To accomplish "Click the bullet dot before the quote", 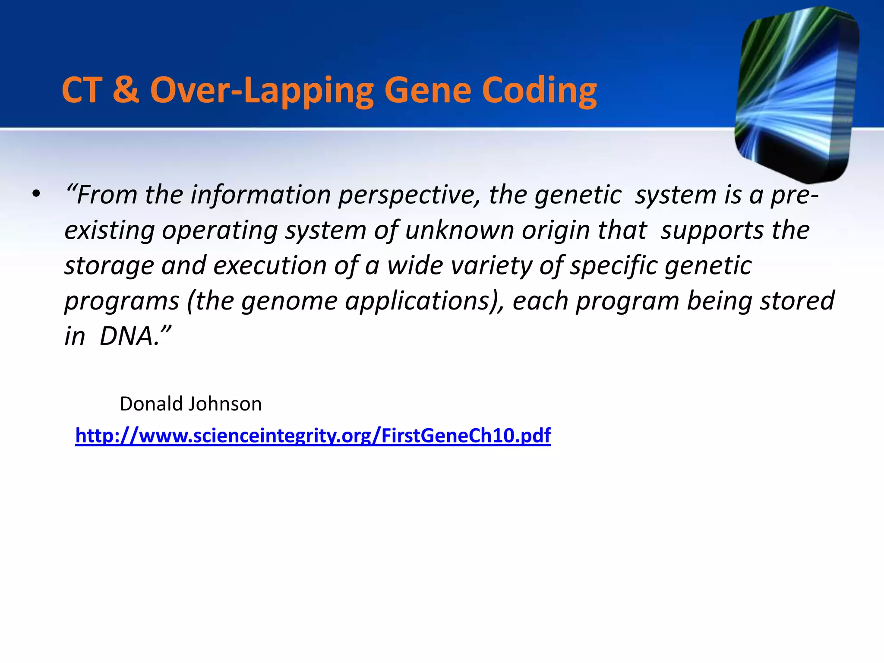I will click(x=36, y=195).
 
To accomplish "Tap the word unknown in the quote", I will click(x=459, y=230).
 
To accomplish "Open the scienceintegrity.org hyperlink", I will click(x=313, y=435).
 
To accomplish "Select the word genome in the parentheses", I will click(x=289, y=301).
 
